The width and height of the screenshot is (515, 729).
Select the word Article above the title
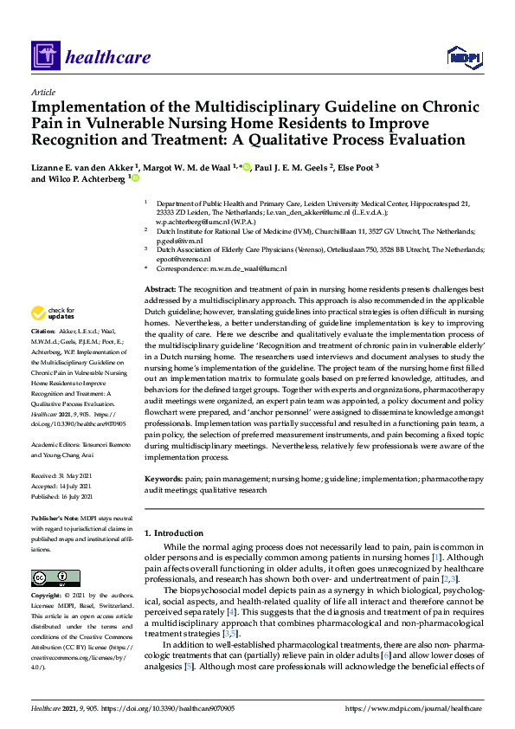(42, 92)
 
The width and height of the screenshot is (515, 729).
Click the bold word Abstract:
(160, 287)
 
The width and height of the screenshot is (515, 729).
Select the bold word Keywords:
(164, 478)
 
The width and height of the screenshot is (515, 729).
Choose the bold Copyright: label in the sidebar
(48, 597)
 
